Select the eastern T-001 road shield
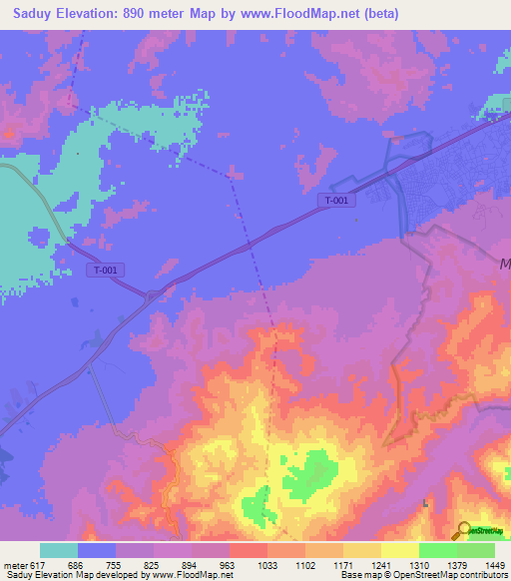(x=336, y=201)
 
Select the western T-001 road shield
(x=104, y=270)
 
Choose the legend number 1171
(x=342, y=564)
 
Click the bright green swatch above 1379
(x=437, y=550)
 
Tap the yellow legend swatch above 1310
(x=399, y=550)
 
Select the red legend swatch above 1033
(x=248, y=550)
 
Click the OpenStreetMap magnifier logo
(x=464, y=531)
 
